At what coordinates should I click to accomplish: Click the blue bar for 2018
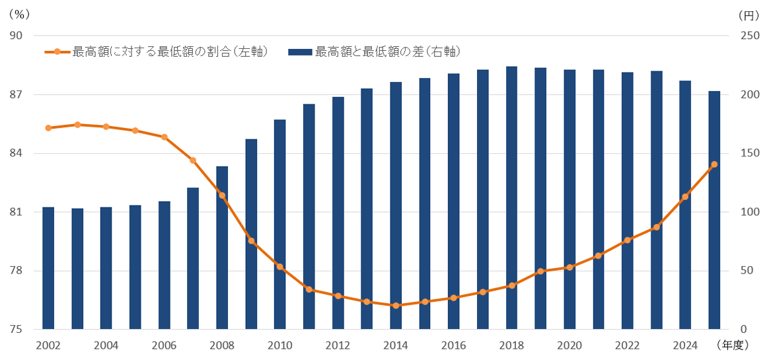[x=511, y=198]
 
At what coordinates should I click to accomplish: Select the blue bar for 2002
[x=48, y=268]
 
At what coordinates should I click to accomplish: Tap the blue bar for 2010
[x=280, y=225]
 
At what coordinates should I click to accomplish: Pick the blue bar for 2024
[x=685, y=205]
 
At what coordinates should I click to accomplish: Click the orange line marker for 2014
[x=396, y=305]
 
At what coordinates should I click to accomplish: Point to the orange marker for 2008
[x=222, y=196]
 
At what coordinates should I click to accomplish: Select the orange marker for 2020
[x=569, y=267]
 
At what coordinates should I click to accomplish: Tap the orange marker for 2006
[x=165, y=137]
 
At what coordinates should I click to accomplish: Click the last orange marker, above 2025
[x=714, y=164]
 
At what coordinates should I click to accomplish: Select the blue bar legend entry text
[x=387, y=52]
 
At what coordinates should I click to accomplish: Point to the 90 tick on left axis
[x=16, y=36]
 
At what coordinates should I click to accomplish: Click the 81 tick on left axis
[x=16, y=212]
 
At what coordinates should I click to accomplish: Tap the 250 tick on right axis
[x=749, y=36]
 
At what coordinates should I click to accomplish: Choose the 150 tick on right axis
[x=749, y=153]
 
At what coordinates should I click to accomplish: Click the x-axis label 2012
[x=338, y=345]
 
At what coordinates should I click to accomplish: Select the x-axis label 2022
[x=627, y=345]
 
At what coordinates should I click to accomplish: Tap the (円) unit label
[x=750, y=13]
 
